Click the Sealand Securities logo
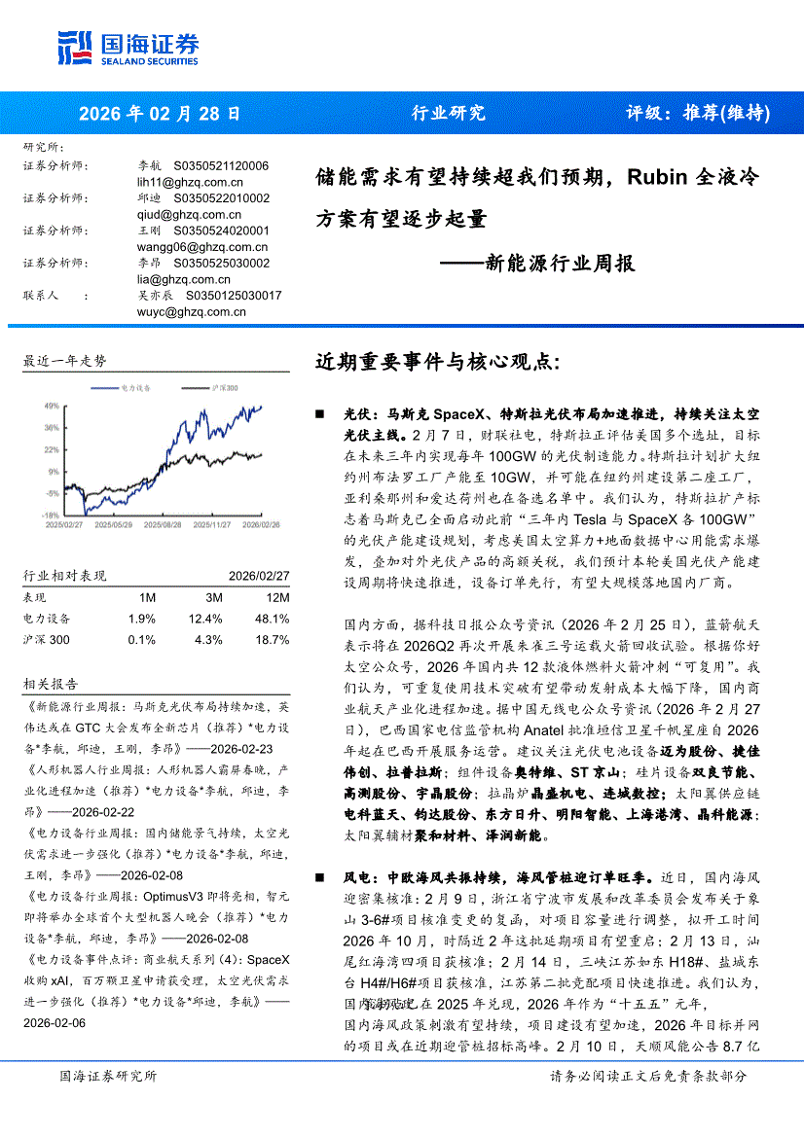[x=128, y=46]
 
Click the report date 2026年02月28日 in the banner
[x=160, y=113]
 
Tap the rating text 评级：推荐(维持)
[x=697, y=113]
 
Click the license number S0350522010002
[x=221, y=198]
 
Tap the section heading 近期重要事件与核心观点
[x=438, y=362]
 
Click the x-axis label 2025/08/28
[x=162, y=523]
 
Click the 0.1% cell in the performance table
[x=141, y=640]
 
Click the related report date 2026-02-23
[x=238, y=749]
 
